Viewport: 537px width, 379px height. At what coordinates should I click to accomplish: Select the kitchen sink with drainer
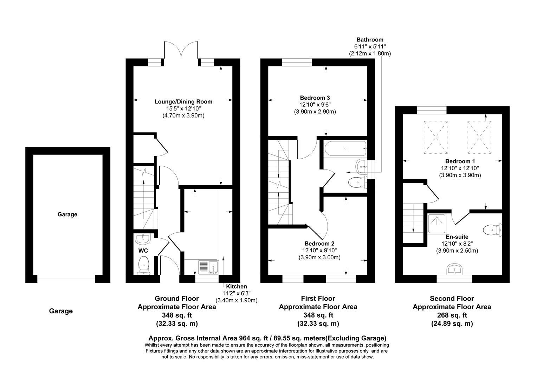209,267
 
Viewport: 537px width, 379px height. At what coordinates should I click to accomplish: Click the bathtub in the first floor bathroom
345,149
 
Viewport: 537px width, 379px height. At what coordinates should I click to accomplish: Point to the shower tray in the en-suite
436,224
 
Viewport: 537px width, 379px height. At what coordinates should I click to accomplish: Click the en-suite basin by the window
455,270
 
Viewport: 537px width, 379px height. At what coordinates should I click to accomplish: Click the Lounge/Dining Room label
183,102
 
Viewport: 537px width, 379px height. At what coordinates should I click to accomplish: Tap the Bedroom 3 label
315,98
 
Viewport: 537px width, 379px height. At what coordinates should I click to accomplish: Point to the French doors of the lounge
181,51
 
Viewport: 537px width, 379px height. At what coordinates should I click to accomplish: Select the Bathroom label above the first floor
370,40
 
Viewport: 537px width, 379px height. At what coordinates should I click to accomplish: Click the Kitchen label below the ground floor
236,286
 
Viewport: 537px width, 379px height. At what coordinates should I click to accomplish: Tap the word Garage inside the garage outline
67,214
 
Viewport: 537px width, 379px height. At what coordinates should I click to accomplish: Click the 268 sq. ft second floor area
452,315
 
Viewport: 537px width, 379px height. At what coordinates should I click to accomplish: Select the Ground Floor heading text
176,299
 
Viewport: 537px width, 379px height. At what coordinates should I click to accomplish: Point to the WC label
143,251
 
